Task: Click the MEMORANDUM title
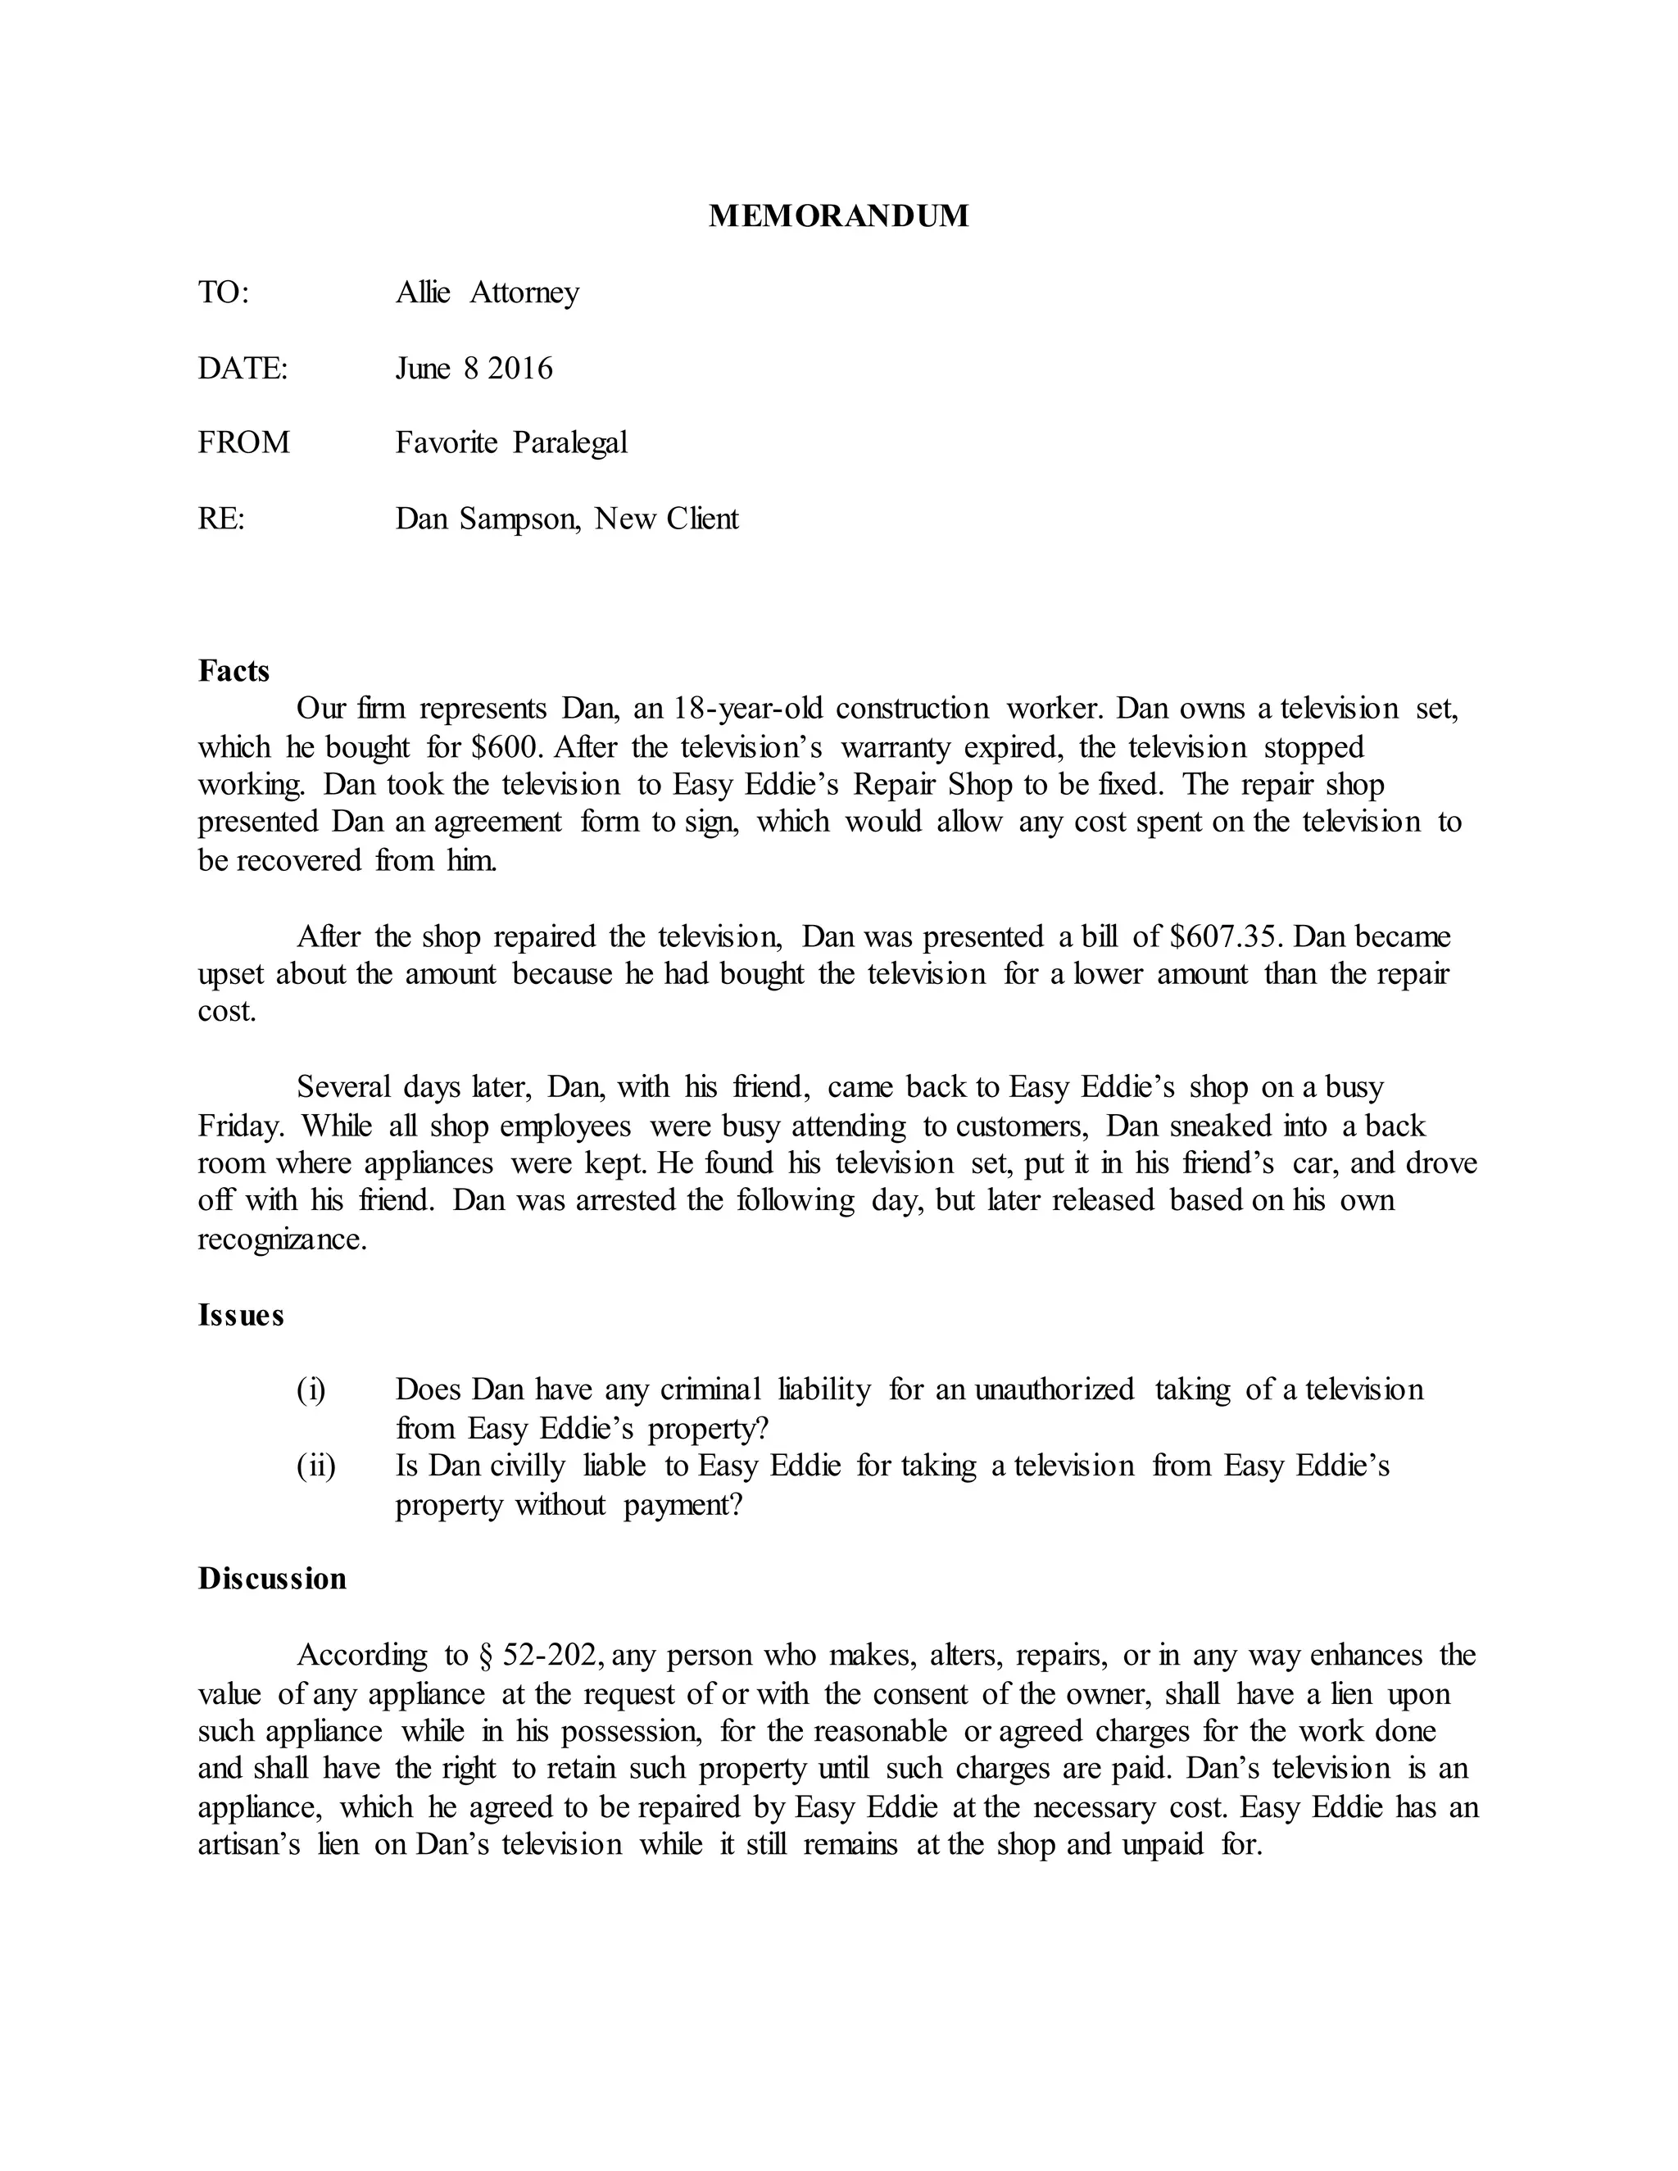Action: (838, 215)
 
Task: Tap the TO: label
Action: (223, 292)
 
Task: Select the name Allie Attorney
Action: (488, 292)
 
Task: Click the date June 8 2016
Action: (474, 369)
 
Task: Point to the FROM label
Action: (243, 442)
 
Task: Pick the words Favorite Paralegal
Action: (511, 442)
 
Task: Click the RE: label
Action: (220, 519)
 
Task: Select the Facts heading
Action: (234, 671)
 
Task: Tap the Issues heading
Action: (241, 1315)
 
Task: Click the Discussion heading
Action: (271, 1580)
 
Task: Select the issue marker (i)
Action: (311, 1389)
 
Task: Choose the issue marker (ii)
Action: (316, 1466)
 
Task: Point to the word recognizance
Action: (283, 1240)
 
